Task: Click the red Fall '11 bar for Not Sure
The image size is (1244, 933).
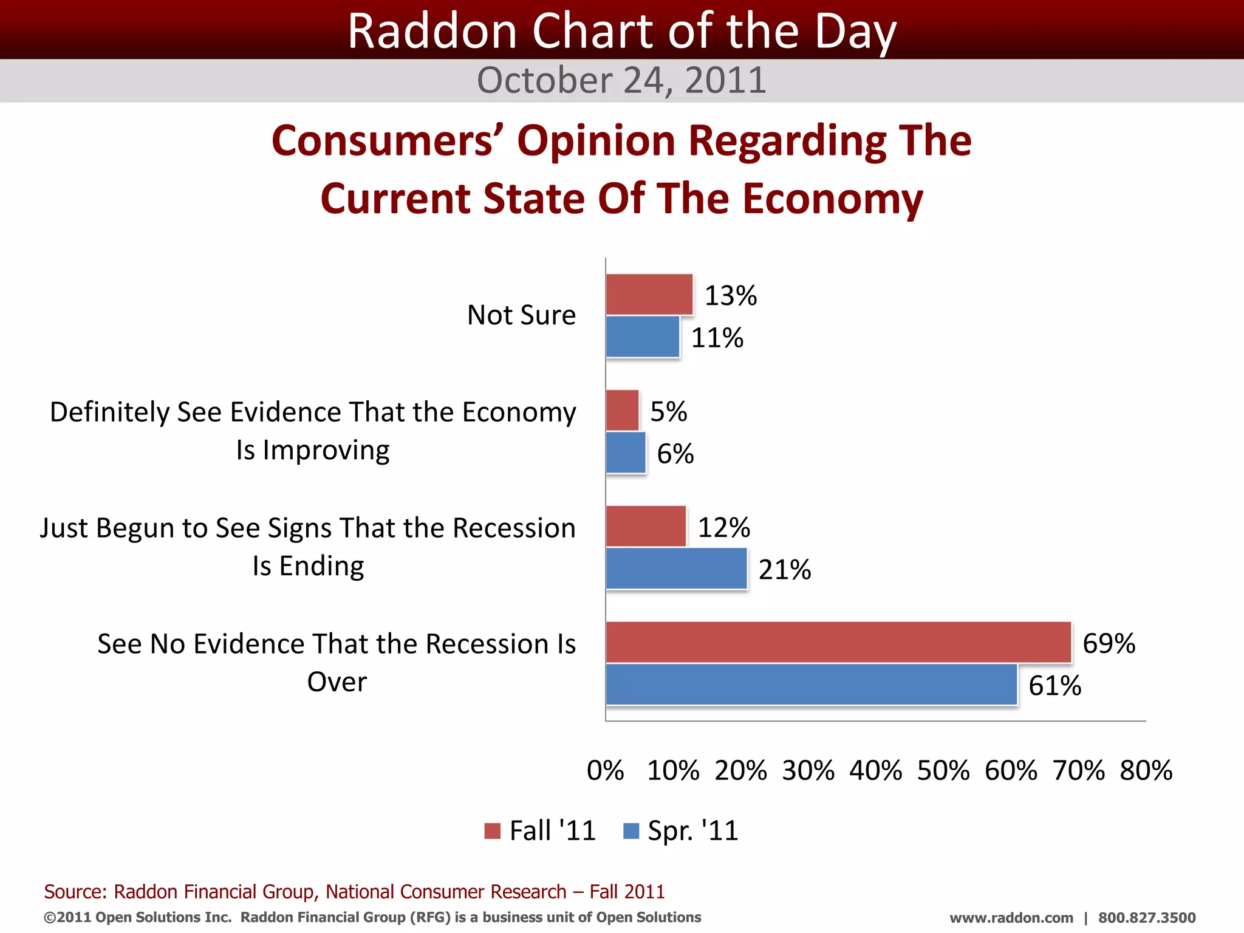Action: coord(649,295)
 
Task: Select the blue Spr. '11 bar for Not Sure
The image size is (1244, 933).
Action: coord(643,337)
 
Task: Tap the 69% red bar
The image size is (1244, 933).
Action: coord(838,642)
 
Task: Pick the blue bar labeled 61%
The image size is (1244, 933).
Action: coord(812,685)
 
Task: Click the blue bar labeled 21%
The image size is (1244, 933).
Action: coord(676,569)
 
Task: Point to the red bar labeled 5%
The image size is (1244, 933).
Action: coord(622,411)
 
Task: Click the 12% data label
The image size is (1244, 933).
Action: coord(723,527)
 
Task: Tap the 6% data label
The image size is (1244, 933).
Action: coord(675,454)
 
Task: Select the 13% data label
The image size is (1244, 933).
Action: coord(730,296)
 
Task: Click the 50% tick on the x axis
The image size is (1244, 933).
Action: coord(943,770)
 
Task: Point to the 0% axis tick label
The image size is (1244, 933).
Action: coord(605,770)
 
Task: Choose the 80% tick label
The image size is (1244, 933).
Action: coord(1146,770)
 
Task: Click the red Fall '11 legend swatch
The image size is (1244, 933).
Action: coord(492,831)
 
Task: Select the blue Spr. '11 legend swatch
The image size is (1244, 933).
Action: coord(631,831)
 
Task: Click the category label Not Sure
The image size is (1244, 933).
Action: coord(521,315)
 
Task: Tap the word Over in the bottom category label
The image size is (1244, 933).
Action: coord(337,682)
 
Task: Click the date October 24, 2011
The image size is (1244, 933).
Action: coord(621,80)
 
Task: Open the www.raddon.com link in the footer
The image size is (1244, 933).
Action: coord(1011,918)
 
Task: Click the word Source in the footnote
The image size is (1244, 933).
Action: coord(75,892)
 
